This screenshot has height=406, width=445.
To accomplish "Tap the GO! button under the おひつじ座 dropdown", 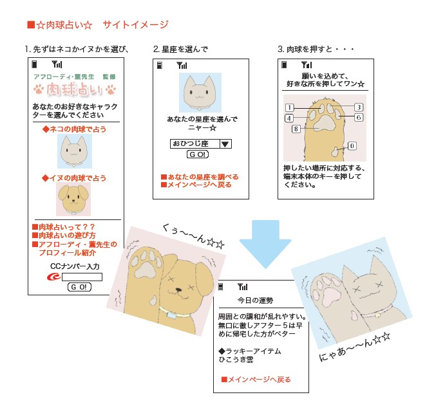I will pos(197,155).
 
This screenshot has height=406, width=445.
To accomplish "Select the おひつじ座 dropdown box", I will pos(200,143).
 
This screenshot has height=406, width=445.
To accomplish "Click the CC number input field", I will pos(82,277).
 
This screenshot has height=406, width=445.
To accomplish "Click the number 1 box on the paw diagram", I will pos(290,107).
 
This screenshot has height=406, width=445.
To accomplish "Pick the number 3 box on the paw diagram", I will pos(359,107).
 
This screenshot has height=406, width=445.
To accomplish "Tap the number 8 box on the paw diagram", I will pos(296,129).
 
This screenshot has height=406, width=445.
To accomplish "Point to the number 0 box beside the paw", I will pos(352,146).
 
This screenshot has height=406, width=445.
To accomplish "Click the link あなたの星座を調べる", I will pos(200,177).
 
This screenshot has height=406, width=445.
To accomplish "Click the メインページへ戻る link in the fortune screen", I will pos(256,380).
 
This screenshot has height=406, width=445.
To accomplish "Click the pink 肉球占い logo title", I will pos(74,89).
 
